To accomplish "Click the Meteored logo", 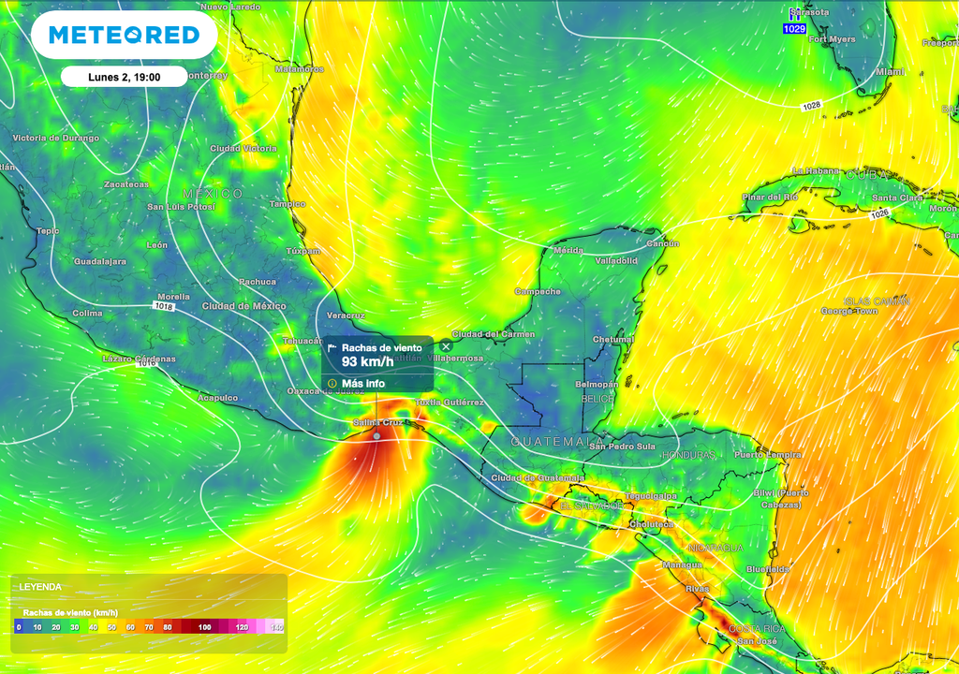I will coord(124,36).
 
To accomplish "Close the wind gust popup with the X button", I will coord(446,347).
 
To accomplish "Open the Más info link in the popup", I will coord(362,383).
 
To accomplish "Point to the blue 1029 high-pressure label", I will coord(794,29).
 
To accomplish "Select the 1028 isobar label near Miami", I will coord(811,106).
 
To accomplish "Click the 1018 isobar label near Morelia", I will coord(165,306).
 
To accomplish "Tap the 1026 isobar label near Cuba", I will coord(878,214).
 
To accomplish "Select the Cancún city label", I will coord(662,243).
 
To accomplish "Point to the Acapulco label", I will coord(216,398).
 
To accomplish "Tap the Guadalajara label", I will coord(100,261).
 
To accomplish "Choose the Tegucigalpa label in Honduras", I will coord(651,496).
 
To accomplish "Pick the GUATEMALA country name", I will coord(556,441).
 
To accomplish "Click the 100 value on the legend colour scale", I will coord(204,627).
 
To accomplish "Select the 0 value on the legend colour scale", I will coord(19,627).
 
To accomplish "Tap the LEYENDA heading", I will coord(41,587).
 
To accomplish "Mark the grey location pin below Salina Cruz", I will coord(376,436).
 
